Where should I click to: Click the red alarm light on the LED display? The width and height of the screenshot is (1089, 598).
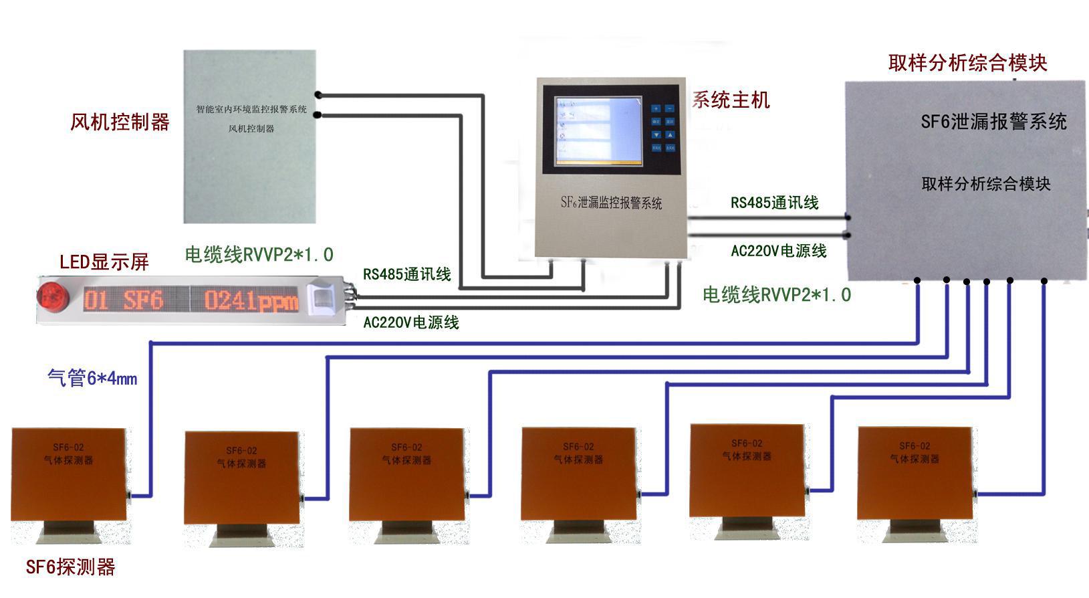pyautogui.click(x=51, y=298)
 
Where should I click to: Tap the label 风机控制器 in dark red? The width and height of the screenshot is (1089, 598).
pyautogui.click(x=120, y=122)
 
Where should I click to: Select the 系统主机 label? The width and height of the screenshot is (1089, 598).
pyautogui.click(x=731, y=100)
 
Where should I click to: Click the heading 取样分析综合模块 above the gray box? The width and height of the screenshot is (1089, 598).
pyautogui.click(x=967, y=63)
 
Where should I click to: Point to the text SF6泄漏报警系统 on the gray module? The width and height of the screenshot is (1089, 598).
pyautogui.click(x=993, y=122)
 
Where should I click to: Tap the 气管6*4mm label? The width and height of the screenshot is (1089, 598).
pyautogui.click(x=92, y=378)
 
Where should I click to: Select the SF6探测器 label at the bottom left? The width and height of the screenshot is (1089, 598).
pyautogui.click(x=70, y=567)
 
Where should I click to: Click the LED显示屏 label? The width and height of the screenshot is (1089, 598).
pyautogui.click(x=104, y=262)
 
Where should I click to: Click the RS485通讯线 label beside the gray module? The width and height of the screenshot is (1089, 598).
pyautogui.click(x=774, y=203)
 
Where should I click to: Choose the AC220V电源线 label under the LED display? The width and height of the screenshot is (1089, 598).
pyautogui.click(x=410, y=322)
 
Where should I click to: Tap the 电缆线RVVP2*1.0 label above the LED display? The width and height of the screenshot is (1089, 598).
pyautogui.click(x=259, y=254)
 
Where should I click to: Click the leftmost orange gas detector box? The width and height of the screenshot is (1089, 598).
pyautogui.click(x=68, y=474)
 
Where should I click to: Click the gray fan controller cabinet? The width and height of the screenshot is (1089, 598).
pyautogui.click(x=249, y=136)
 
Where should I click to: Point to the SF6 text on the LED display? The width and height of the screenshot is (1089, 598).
pyautogui.click(x=142, y=300)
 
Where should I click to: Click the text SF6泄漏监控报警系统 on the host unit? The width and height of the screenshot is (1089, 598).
pyautogui.click(x=611, y=202)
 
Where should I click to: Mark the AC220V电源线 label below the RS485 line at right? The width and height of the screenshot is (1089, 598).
pyautogui.click(x=779, y=251)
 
